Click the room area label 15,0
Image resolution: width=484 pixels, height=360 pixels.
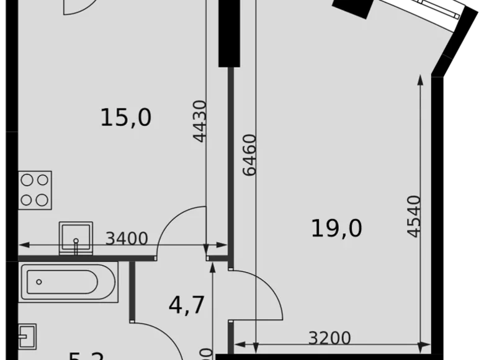[126, 117]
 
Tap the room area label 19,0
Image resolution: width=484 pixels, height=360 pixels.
[336, 229]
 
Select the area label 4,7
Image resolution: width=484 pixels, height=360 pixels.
[187, 305]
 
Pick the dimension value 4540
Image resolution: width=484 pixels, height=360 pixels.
[413, 216]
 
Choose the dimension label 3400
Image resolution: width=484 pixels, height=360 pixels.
[127, 238]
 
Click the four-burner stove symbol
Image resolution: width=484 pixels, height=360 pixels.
[35, 189]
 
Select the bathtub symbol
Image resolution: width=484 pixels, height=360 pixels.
[68, 282]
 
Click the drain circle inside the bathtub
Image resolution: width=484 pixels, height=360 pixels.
[38, 282]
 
